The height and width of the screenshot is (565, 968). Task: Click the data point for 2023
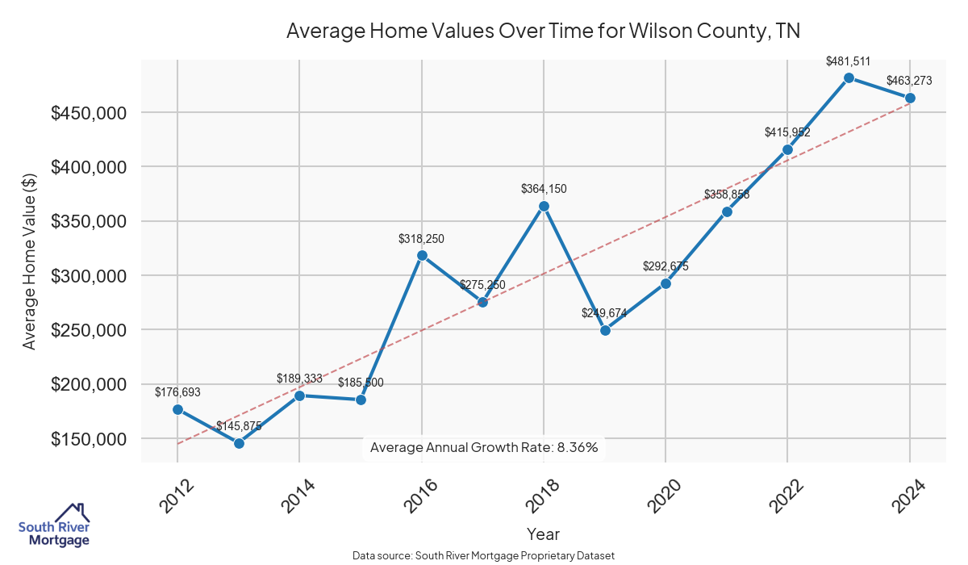(849, 77)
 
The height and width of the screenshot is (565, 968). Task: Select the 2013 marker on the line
(239, 443)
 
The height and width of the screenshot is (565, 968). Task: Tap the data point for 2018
(544, 206)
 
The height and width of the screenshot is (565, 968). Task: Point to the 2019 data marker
(605, 330)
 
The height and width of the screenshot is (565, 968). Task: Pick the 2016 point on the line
(422, 255)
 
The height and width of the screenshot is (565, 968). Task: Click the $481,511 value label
(848, 61)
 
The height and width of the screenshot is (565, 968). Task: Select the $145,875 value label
(239, 426)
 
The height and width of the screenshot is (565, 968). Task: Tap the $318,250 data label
(421, 239)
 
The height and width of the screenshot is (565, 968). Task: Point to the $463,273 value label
(909, 81)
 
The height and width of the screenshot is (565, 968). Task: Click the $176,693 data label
(177, 392)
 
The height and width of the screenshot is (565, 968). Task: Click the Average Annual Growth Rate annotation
(484, 447)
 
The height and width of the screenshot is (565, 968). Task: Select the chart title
(543, 31)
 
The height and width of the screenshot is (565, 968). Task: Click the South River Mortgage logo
(54, 525)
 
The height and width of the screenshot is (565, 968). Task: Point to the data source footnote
(484, 555)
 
